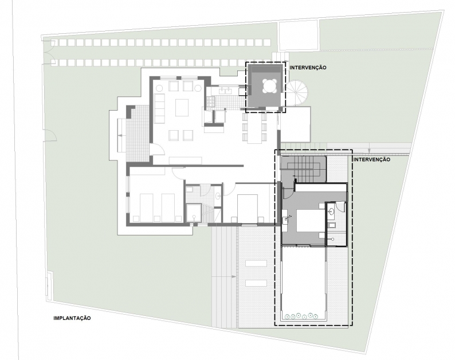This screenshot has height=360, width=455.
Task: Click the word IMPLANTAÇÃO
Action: point(72,318)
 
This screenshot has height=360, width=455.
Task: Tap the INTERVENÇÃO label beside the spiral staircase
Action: point(308,68)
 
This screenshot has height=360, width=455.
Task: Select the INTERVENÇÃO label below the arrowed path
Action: point(372,160)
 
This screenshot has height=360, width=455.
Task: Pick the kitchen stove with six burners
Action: point(211,101)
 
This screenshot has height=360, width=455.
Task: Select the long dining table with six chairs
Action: point(254,127)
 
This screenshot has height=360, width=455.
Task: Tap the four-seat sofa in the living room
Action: point(159,108)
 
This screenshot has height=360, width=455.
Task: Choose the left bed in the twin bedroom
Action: point(146,208)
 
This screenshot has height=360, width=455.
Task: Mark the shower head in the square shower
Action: point(194,216)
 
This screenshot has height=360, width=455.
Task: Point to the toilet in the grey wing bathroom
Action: point(331,225)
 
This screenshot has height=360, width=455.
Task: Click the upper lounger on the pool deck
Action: point(256,264)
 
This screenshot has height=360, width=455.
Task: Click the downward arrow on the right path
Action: point(369,150)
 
